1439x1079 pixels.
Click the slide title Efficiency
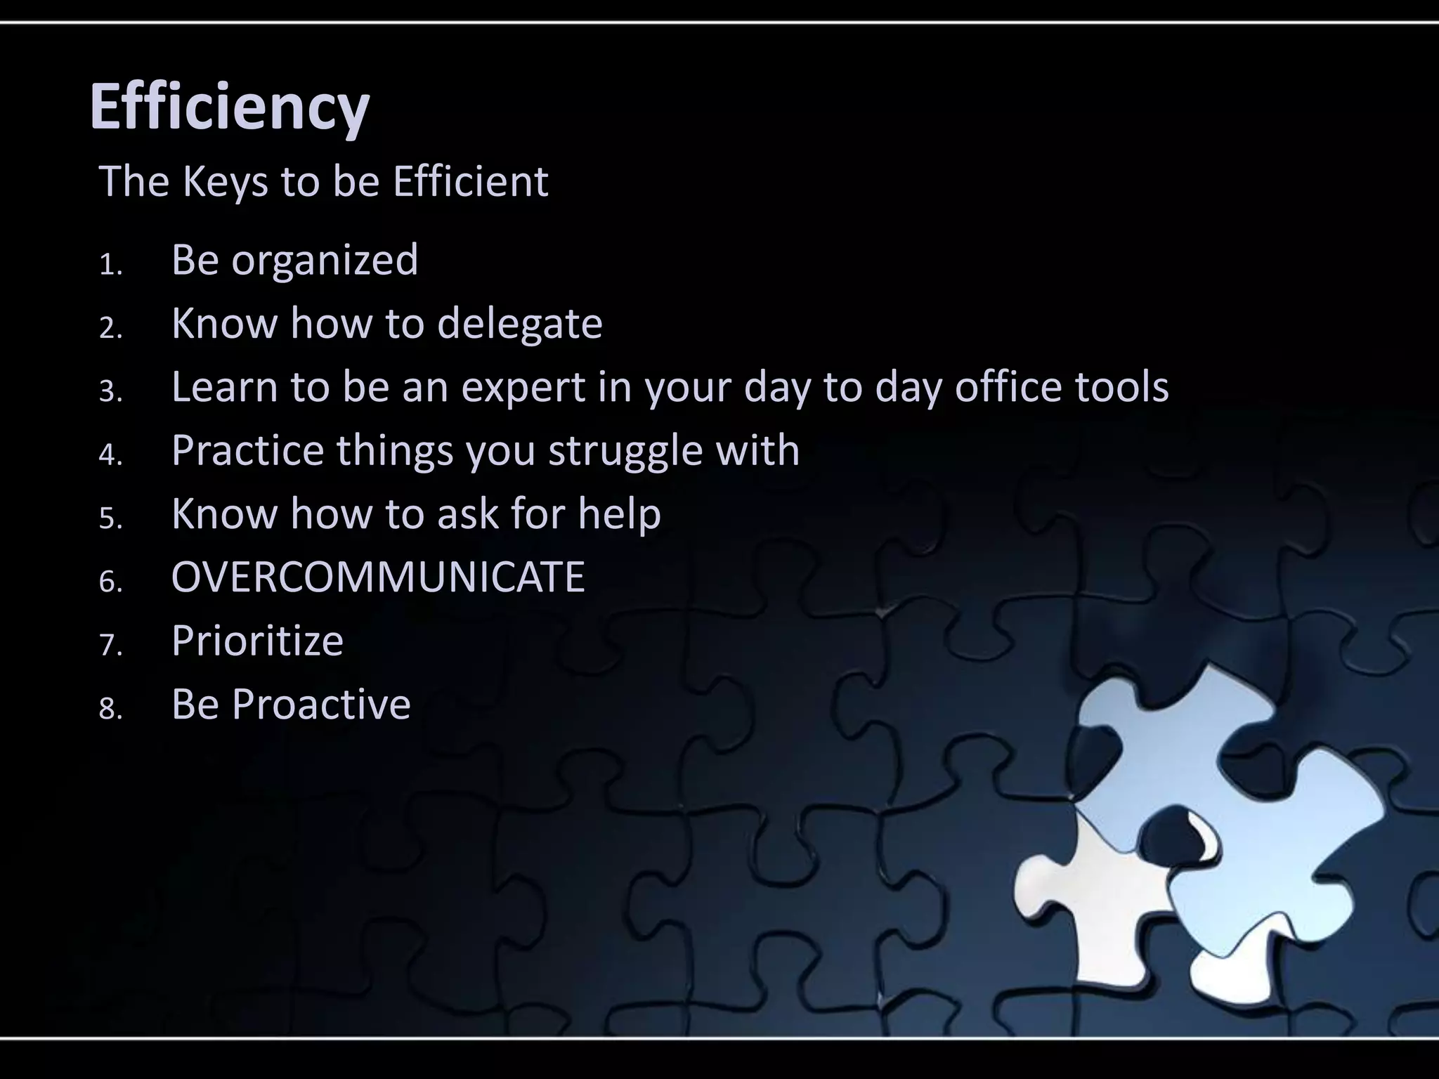point(229,107)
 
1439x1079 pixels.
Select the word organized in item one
point(325,260)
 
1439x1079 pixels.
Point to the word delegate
point(519,324)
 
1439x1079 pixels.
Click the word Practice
point(247,450)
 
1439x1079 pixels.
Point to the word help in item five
point(619,514)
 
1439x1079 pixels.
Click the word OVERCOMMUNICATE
point(378,577)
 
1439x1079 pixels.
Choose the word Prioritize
point(257,641)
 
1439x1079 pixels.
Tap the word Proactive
point(321,704)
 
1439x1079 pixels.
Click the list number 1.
point(110,266)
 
